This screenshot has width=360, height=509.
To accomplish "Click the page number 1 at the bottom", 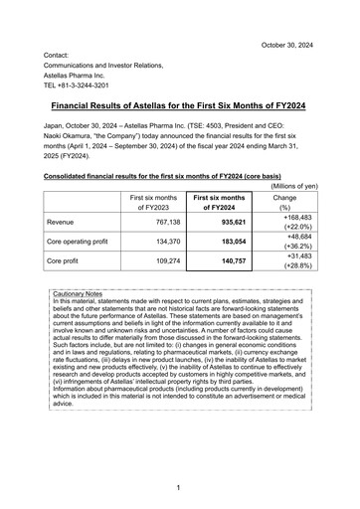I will tap(179, 488).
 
